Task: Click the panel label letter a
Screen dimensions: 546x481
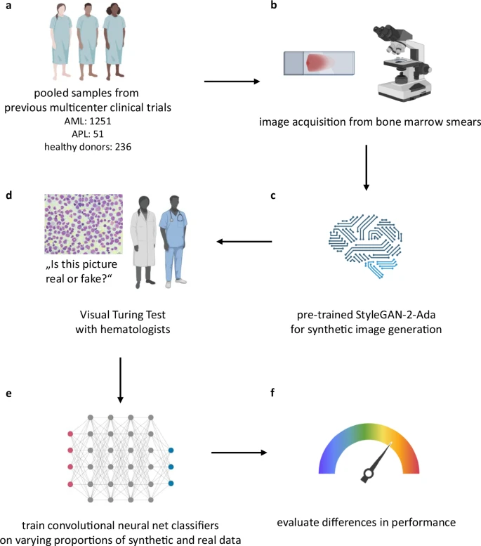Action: pos(8,8)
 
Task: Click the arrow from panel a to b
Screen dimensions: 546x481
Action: pos(232,82)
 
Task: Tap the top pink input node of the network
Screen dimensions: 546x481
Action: pos(70,432)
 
